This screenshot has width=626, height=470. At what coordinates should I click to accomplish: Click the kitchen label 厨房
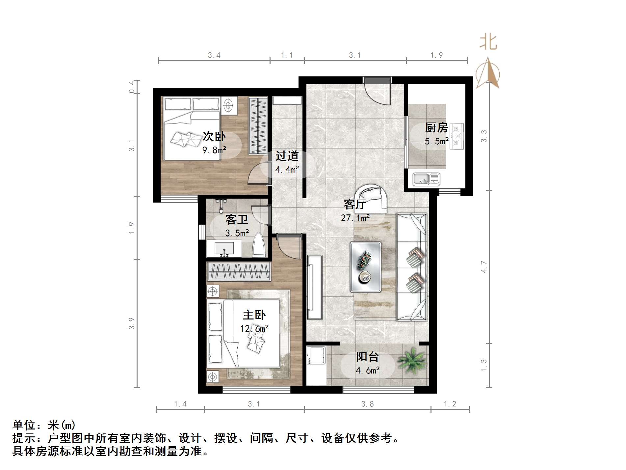click(x=436, y=127)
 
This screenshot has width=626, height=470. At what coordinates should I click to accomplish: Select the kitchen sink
click(x=426, y=179)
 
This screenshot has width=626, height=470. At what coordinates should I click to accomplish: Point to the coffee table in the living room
click(x=365, y=267)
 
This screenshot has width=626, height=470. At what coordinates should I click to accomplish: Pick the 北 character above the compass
click(x=488, y=43)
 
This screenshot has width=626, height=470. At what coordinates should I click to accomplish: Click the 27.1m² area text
click(x=355, y=218)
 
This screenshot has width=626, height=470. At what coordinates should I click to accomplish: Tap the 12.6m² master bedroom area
click(x=254, y=328)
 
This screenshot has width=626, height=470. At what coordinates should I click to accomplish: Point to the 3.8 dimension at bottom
click(x=367, y=404)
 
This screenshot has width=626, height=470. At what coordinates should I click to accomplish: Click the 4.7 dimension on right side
click(x=483, y=266)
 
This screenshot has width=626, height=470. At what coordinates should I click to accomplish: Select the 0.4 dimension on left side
click(x=132, y=87)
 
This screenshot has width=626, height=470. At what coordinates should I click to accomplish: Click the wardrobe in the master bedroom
click(x=239, y=271)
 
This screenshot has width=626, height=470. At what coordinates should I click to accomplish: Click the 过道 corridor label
click(x=287, y=156)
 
